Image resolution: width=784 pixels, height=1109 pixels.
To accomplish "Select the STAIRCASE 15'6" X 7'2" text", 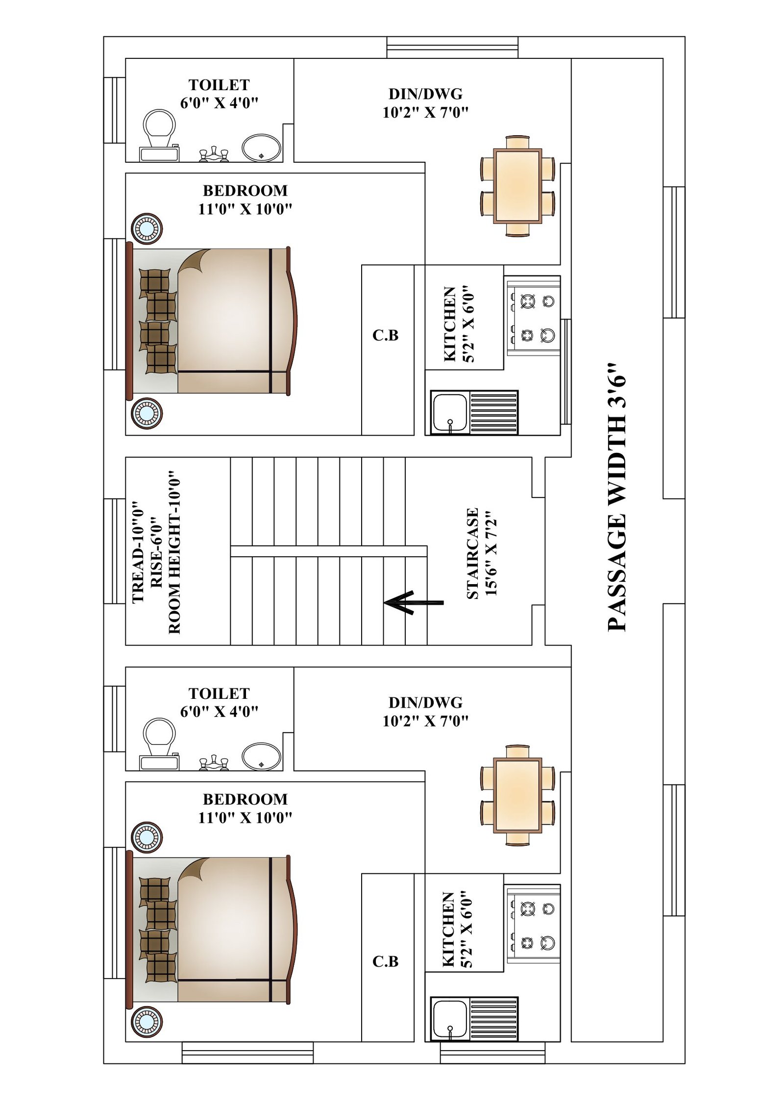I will pos(481,553).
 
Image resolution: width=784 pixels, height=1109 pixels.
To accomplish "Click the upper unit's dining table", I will pos(517,186).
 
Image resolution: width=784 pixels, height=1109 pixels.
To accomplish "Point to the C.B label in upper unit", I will pos(385,335).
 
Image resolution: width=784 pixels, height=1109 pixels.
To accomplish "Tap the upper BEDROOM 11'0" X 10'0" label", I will pos(245,199).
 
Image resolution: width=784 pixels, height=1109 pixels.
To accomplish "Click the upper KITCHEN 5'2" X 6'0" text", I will pos(458,324).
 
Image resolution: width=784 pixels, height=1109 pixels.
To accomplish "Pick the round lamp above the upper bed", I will pos(147,228).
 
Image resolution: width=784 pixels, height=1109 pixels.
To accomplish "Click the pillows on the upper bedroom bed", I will pos(158,320).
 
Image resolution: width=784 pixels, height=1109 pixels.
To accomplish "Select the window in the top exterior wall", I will pos(452,48).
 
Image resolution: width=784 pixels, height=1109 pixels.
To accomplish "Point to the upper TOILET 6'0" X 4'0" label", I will pos(219,94).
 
